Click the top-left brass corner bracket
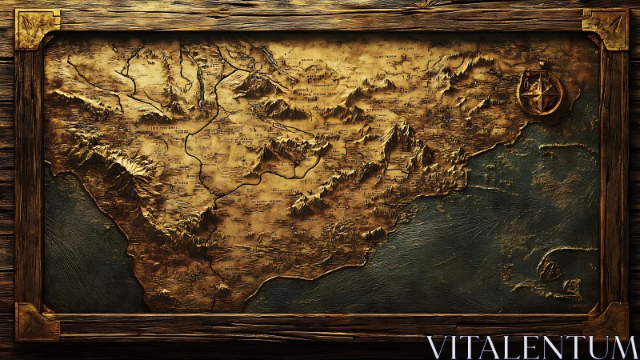click(x=37, y=29)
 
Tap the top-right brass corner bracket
click(x=605, y=28)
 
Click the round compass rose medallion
click(x=540, y=93)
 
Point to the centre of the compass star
click(x=540, y=94)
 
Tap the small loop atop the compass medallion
click(x=542, y=66)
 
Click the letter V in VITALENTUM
click(x=437, y=347)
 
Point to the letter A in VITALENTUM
click(x=494, y=347)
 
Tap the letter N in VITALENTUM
click(x=554, y=347)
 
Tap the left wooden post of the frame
click(x=28, y=176)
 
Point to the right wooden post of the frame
click(x=614, y=176)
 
